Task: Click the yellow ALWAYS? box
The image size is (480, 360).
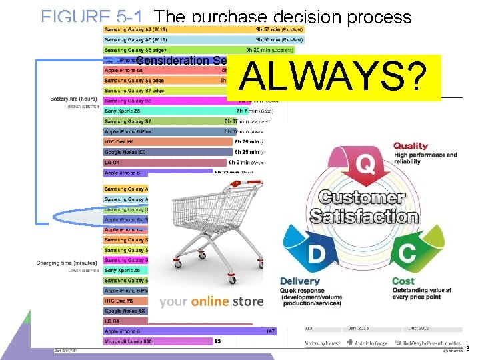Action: (334, 77)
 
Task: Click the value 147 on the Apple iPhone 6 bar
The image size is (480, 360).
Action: (271, 331)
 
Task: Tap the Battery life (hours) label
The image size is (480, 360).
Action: (73, 99)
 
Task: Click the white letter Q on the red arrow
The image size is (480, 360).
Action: (366, 164)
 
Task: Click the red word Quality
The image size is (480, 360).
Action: (411, 146)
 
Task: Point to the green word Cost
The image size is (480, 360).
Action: (403, 281)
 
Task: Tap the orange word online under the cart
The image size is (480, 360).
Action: (210, 301)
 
